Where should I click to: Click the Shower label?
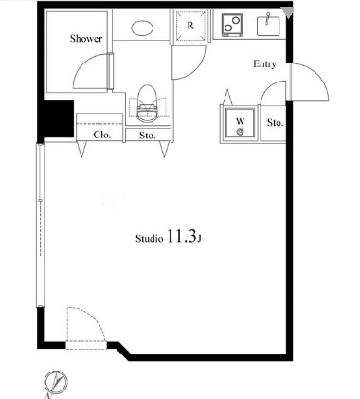(86, 39)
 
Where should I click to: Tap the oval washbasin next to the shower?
(142, 28)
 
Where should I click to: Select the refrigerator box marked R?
(189, 26)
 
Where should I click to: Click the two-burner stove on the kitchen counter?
(232, 24)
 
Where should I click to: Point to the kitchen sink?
(268, 26)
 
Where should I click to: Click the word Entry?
(264, 64)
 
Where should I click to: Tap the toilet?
(148, 103)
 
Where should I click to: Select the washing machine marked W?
(241, 122)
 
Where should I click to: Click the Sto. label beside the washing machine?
(275, 123)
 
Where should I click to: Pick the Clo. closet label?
(101, 136)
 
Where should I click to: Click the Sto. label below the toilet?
(148, 136)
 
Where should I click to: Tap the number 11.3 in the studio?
(181, 236)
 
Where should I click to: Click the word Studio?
(150, 239)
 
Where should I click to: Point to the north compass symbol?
(56, 382)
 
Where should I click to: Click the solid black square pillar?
(56, 118)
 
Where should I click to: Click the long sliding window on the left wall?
(40, 226)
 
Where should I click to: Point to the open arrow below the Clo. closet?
(82, 150)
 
